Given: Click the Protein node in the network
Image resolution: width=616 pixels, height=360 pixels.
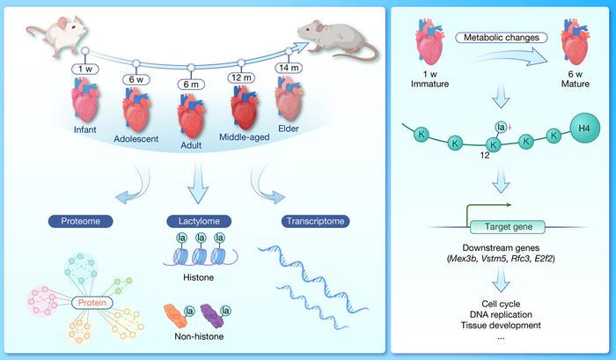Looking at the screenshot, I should tap(94, 304).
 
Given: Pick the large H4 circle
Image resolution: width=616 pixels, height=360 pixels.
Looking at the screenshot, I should tap(582, 128).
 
